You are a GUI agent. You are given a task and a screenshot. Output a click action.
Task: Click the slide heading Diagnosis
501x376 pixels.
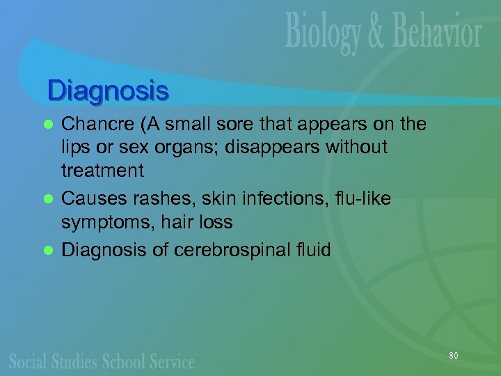(x=108, y=91)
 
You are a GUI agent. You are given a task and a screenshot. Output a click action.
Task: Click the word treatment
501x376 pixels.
(x=103, y=171)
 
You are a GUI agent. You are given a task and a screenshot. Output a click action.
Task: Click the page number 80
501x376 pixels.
(x=454, y=356)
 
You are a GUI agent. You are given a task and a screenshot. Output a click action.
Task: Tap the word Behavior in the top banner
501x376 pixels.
(x=435, y=32)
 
